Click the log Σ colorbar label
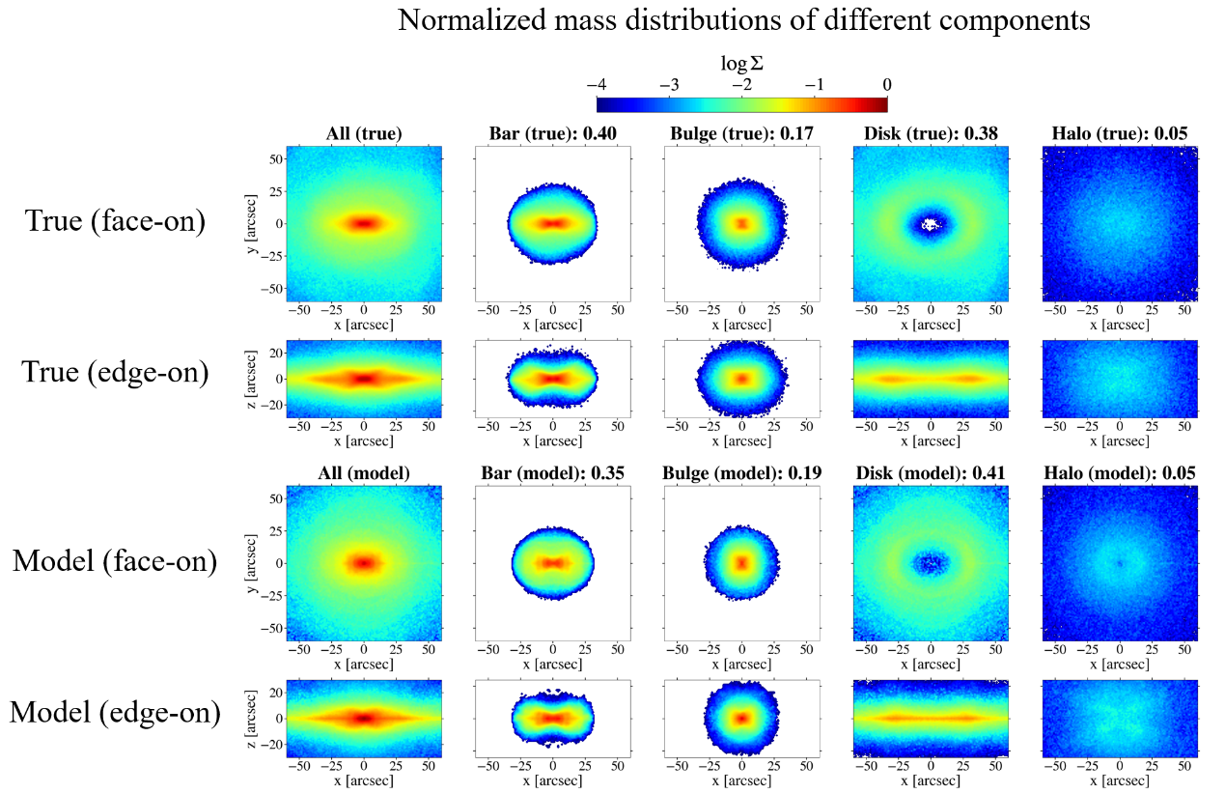click(x=741, y=65)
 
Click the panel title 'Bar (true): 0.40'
click(x=551, y=134)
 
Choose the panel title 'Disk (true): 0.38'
click(x=930, y=134)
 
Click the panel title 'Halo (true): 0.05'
click(x=1119, y=134)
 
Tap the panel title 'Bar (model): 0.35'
click(x=551, y=474)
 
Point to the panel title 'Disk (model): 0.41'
click(x=930, y=474)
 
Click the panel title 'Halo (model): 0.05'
click(x=1119, y=474)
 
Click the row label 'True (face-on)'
click(x=115, y=222)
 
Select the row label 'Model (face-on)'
click(x=115, y=560)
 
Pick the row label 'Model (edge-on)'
click(x=115, y=713)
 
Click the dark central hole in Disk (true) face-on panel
click(x=931, y=223)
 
